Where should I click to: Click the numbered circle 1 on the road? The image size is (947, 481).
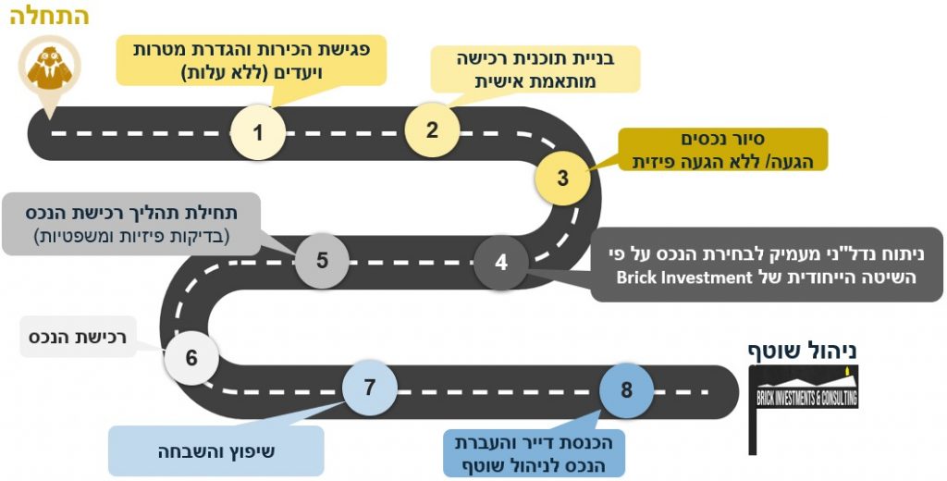[258, 132]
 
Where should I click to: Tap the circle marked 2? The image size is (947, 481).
[432, 129]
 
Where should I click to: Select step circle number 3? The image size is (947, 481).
[562, 178]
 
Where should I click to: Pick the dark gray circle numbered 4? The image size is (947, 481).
[501, 262]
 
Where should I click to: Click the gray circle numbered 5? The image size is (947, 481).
[322, 260]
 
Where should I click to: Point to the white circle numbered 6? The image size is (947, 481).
[191, 357]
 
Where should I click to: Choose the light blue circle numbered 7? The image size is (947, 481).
[369, 388]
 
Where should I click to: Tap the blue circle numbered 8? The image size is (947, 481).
[626, 389]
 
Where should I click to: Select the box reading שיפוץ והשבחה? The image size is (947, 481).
[216, 451]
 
